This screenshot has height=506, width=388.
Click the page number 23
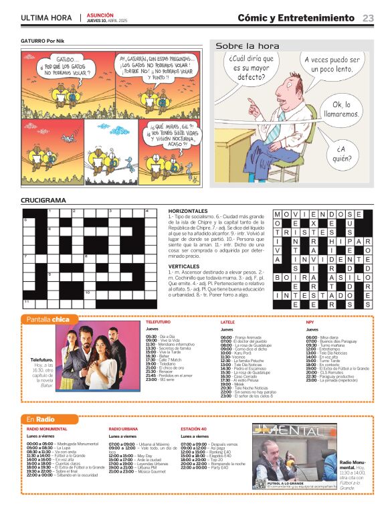pos(368,18)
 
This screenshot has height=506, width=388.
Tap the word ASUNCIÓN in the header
pos(100,14)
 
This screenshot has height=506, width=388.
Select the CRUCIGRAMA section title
pos(43,200)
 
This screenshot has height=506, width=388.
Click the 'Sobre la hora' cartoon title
pos(247,46)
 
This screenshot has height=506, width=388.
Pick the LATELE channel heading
pos(227,322)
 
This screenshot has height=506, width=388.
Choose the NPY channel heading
pos(310,322)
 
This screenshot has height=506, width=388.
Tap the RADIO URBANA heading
pos(124,428)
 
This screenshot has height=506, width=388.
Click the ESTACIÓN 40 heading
pos(193,428)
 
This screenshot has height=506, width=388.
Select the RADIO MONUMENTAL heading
pos(47,428)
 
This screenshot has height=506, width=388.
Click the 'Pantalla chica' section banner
pos(47,319)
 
